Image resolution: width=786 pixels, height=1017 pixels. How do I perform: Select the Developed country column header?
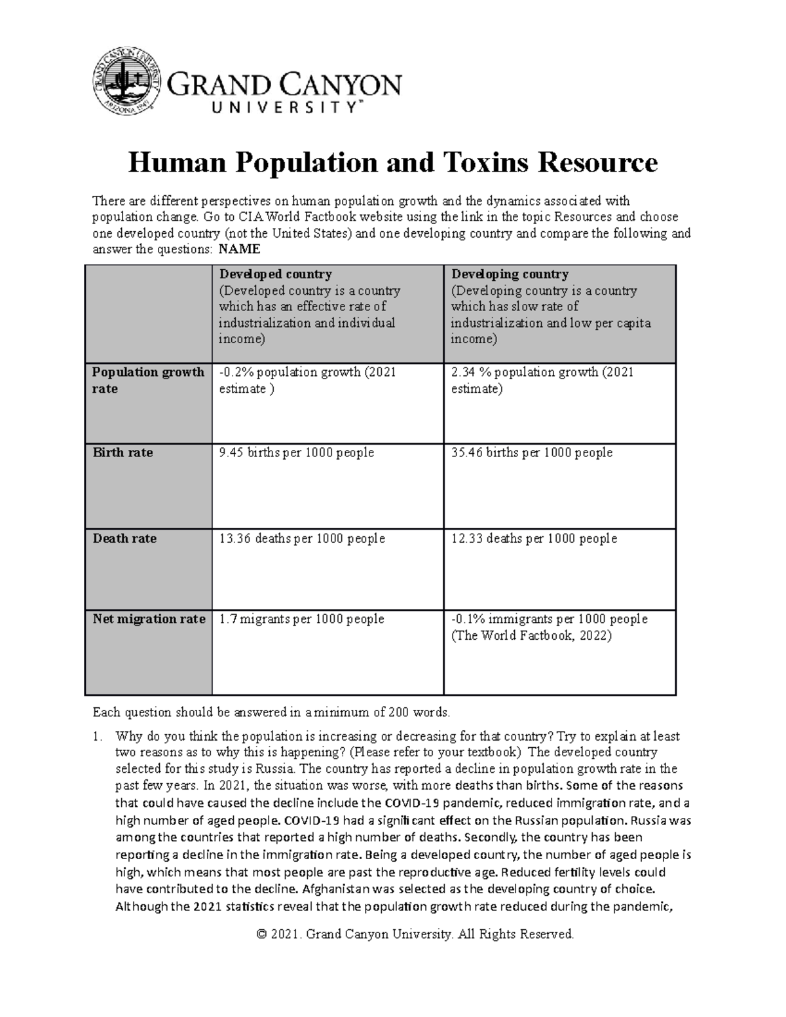[x=275, y=274]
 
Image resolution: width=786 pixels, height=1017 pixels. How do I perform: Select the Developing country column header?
[x=510, y=274]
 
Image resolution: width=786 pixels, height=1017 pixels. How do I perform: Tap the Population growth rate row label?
[x=148, y=380]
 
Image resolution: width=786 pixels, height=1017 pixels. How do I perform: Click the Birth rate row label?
[x=122, y=453]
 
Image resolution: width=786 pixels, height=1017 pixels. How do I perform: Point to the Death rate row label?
[x=124, y=538]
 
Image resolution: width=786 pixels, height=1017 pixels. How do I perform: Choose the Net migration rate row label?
[x=149, y=619]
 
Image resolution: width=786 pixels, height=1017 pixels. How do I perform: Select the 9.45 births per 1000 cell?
[x=296, y=453]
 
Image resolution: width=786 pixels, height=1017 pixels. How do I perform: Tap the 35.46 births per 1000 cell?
[x=532, y=453]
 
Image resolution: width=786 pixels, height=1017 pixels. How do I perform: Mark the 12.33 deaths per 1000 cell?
[x=534, y=538]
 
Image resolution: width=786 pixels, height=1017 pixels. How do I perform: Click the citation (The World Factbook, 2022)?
[x=531, y=635]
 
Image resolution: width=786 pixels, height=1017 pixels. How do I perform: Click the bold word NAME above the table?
[x=239, y=250]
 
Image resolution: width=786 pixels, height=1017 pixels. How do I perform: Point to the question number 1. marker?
[x=97, y=736]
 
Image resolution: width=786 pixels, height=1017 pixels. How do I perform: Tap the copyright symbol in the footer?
[x=263, y=934]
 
